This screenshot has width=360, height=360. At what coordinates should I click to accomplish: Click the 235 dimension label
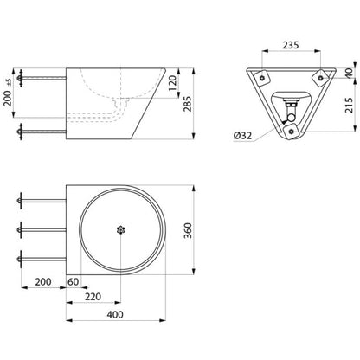point(291,45)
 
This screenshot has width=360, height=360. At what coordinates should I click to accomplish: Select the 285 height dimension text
point(188,104)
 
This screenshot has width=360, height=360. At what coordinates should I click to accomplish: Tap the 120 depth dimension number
point(172,83)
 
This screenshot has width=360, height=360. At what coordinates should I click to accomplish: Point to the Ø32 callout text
point(243,135)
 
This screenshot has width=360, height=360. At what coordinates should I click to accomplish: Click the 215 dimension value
point(349,105)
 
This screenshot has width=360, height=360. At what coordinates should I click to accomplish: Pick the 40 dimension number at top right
point(349,74)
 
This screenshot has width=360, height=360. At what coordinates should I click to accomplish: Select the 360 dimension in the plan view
point(188,230)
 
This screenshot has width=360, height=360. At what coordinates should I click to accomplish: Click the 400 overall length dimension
point(115,314)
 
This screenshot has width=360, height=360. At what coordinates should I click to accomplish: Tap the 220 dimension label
point(93,297)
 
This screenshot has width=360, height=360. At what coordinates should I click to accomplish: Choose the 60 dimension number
point(73,281)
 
